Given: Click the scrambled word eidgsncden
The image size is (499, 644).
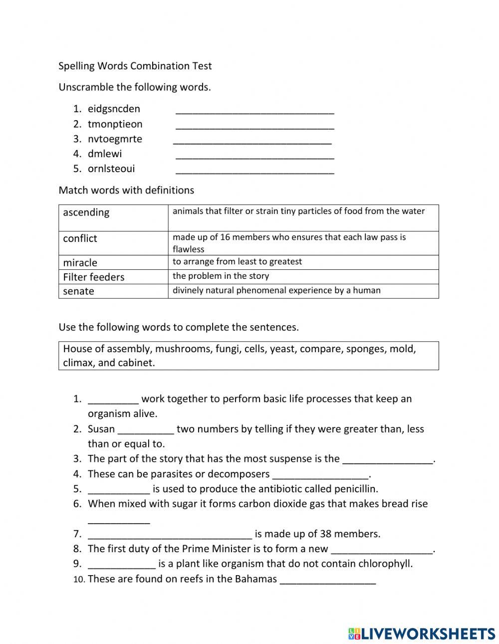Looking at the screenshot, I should (x=114, y=109).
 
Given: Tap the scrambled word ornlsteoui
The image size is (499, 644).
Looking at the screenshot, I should (x=111, y=169).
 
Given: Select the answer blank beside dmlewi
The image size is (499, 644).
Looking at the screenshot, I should (x=255, y=156).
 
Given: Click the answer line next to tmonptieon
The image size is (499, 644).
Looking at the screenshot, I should (x=255, y=126).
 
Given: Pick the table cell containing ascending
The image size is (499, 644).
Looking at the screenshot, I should (x=113, y=217).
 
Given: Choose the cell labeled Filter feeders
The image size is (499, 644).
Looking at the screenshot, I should (x=113, y=277).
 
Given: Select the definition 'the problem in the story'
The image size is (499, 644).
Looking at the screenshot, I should (x=221, y=276).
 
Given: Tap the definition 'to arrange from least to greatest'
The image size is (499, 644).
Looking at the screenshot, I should (x=237, y=261).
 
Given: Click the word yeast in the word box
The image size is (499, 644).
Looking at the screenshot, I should (x=282, y=349).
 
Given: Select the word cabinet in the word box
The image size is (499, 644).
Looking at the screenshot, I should (x=136, y=363).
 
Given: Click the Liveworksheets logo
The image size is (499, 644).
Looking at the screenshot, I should (x=422, y=634).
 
